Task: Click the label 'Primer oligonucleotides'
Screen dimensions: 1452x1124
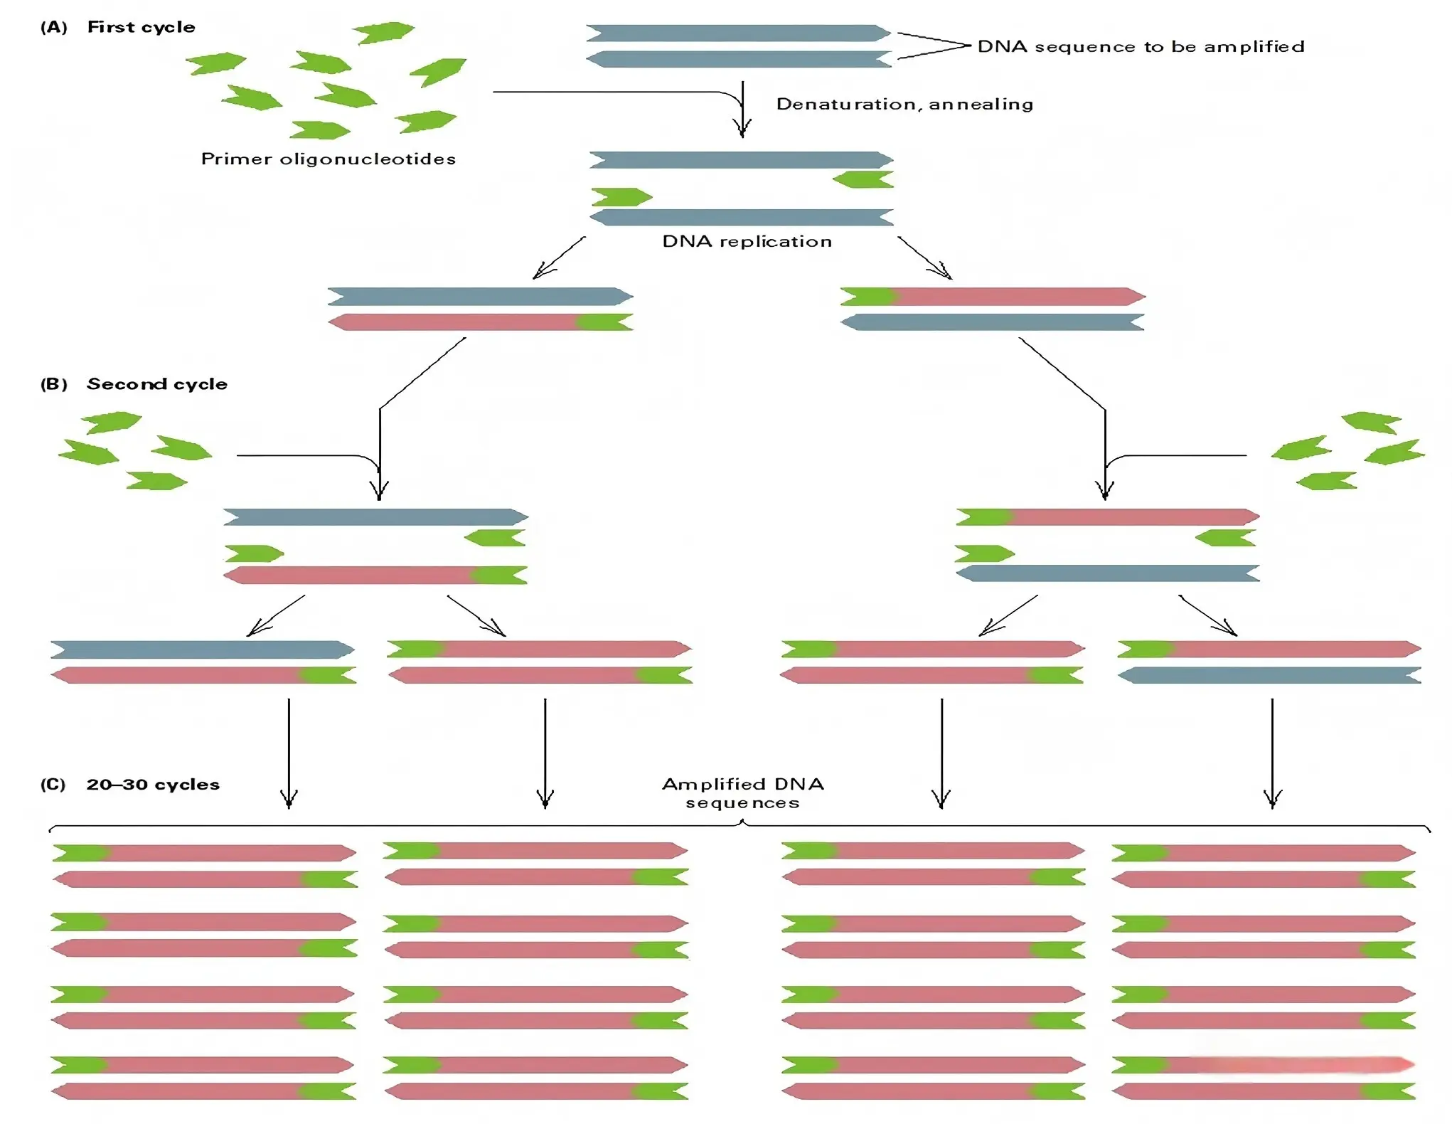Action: point(329,159)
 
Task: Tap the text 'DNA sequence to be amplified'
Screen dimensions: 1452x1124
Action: point(1141,46)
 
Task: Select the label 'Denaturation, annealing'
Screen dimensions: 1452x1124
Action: point(904,104)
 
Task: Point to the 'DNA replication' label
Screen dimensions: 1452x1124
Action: point(747,241)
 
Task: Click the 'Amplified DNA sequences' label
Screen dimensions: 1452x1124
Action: point(743,793)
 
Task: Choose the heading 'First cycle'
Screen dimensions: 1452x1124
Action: point(141,27)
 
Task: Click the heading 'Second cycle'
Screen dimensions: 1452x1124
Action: point(156,384)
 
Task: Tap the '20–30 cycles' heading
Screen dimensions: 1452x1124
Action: point(153,785)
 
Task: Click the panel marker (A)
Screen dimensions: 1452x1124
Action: point(54,27)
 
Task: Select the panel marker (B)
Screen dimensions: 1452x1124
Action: point(54,384)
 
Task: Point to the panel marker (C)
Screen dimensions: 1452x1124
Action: point(53,785)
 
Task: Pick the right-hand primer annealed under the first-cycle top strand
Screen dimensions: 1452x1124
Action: point(863,179)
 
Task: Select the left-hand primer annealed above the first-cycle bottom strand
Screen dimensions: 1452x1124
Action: point(621,196)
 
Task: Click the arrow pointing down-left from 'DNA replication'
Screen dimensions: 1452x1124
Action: point(559,258)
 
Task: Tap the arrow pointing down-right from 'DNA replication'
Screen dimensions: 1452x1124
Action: point(925,258)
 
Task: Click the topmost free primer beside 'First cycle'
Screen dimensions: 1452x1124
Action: point(383,33)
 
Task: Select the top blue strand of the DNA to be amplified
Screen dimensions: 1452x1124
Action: point(738,33)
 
